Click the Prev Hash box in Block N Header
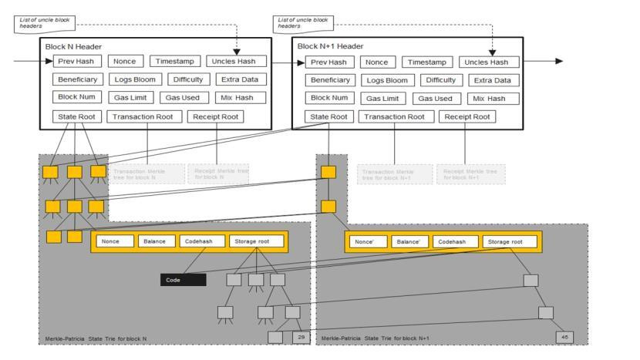[76, 61]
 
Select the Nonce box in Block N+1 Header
[376, 62]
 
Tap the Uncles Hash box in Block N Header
[237, 61]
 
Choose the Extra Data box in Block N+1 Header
[494, 80]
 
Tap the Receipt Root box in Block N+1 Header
[467, 117]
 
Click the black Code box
[183, 280]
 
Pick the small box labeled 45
[564, 337]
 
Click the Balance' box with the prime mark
[408, 241]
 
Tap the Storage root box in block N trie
[255, 241]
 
